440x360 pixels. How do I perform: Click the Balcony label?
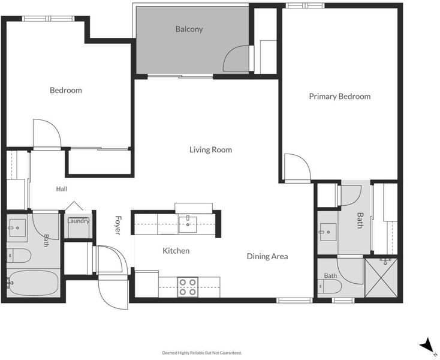189,29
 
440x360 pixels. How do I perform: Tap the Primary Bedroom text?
339,97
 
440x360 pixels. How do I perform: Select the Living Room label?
210,149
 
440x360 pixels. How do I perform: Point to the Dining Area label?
267,256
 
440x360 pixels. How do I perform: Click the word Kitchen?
176,251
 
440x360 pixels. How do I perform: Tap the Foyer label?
118,225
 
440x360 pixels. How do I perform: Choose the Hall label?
62,189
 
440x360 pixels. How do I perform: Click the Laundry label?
78,221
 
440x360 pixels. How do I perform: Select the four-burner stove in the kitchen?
188,287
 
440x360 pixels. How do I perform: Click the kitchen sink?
188,224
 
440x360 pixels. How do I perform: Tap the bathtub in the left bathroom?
32,283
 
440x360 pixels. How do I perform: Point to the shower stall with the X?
381,278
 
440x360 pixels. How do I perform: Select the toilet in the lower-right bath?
330,287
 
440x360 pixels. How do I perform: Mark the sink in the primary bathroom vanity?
328,232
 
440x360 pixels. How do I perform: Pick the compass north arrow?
427,344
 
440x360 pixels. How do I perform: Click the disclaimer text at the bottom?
202,353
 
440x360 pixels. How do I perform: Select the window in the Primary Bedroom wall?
305,5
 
